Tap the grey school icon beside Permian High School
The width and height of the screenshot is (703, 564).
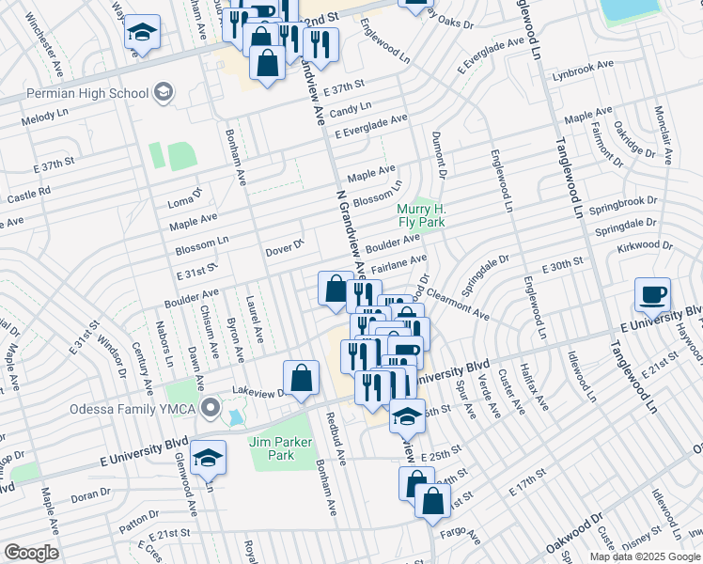[164, 91]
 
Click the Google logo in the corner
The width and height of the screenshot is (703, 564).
[30, 553]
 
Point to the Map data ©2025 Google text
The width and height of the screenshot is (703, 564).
[645, 556]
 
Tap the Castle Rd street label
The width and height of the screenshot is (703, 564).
[28, 196]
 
